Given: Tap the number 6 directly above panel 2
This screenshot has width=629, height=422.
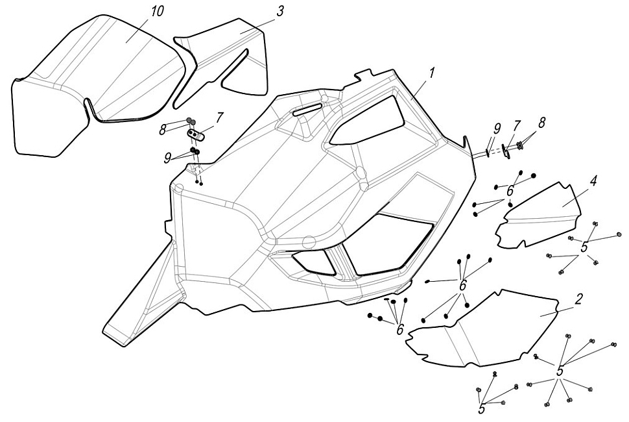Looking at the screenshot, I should tap(463, 286).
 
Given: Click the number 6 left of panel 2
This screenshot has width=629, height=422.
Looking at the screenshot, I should tap(400, 330).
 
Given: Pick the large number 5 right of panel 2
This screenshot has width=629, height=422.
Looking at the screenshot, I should tap(560, 370).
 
